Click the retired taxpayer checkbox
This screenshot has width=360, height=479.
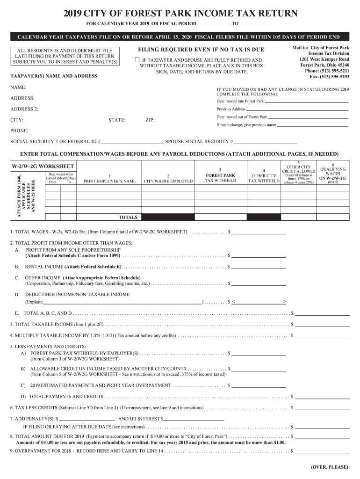click(137, 60)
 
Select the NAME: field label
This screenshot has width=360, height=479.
click(18, 87)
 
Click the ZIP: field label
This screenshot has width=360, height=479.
click(150, 120)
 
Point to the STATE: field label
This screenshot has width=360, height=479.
click(117, 120)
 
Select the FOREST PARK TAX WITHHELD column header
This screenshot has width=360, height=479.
click(220, 178)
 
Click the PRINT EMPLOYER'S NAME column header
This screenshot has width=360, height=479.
click(109, 181)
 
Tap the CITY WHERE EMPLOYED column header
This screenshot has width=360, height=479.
click(168, 181)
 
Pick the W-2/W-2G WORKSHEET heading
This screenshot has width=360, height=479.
click(43, 166)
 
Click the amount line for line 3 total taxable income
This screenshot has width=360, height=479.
click(322, 324)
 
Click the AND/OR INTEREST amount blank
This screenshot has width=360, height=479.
click(194, 418)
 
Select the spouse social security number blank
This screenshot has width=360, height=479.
click(266, 141)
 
